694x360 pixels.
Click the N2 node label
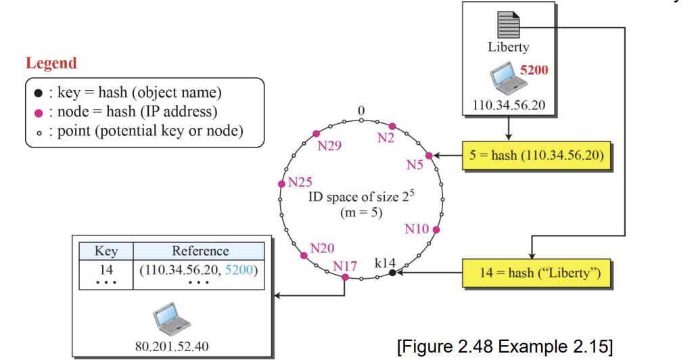(x=386, y=138)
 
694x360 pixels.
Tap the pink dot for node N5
(x=429, y=156)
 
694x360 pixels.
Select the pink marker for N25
(x=281, y=184)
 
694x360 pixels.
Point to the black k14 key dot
(x=392, y=273)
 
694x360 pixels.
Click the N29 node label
(x=329, y=145)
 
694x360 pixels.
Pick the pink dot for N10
(x=436, y=229)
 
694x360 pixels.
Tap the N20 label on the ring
(x=322, y=248)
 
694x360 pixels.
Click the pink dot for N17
(x=345, y=277)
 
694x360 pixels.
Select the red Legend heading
(x=51, y=64)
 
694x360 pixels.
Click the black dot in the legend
(x=39, y=93)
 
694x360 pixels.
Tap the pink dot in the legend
(x=39, y=114)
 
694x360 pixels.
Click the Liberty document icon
(x=509, y=25)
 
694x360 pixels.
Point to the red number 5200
(x=534, y=70)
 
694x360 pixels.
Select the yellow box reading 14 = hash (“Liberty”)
(x=536, y=273)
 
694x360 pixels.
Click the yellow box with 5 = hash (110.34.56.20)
(x=536, y=156)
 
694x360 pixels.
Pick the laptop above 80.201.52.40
(x=172, y=319)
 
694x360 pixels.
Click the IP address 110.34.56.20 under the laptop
(x=509, y=106)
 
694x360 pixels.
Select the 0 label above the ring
(x=361, y=111)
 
